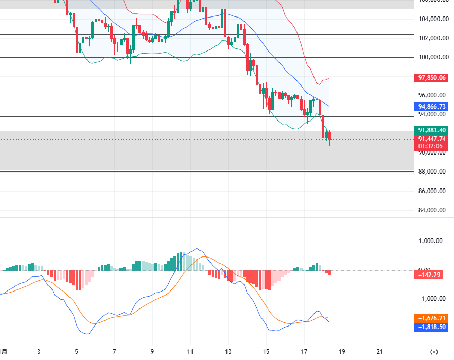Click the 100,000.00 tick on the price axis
click(x=431, y=57)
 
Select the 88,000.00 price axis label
click(x=431, y=172)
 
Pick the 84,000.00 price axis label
click(x=431, y=210)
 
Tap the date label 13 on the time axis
click(x=229, y=352)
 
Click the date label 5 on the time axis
click(x=77, y=352)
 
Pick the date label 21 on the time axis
click(x=380, y=352)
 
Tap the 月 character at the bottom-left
click(x=4, y=352)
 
